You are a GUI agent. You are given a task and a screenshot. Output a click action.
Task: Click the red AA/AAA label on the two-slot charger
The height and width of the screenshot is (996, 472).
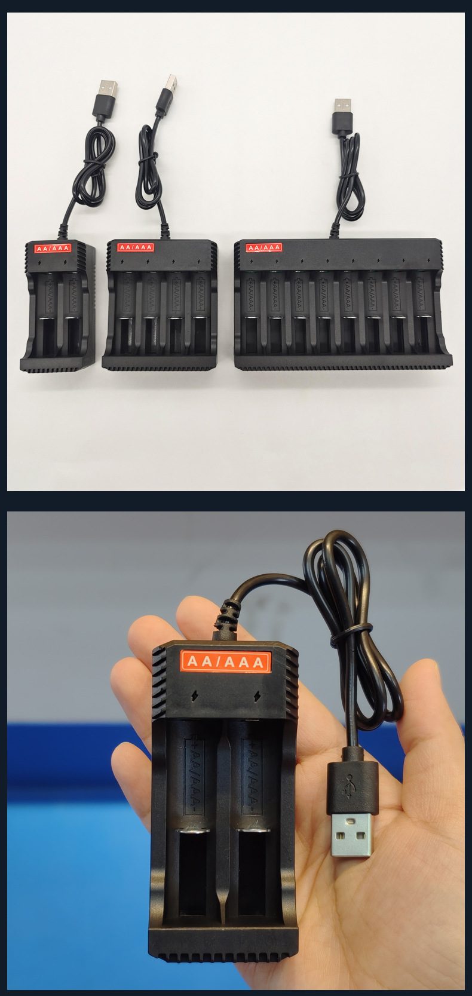[53, 248]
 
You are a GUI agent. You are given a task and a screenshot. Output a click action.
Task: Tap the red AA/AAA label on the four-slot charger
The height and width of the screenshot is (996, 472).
[136, 247]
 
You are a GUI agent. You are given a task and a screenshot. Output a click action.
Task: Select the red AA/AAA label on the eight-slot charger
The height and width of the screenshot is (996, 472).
[263, 247]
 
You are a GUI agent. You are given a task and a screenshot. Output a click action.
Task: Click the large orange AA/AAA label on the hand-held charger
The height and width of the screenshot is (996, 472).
[225, 661]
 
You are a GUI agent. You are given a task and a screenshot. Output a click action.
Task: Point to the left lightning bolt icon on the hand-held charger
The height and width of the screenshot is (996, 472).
[195, 695]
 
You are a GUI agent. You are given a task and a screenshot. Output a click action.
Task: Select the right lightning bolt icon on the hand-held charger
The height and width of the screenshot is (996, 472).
[258, 695]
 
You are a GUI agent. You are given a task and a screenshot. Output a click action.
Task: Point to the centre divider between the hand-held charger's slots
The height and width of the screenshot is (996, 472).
[223, 836]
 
